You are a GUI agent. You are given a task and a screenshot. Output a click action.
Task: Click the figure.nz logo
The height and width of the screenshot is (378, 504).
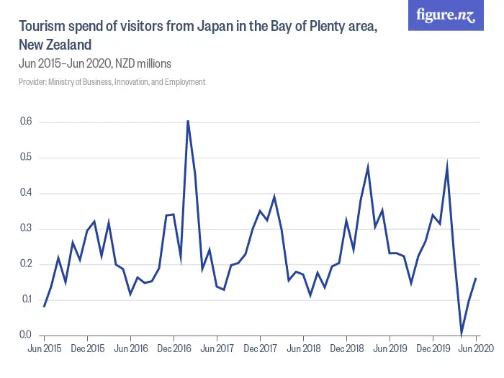click(x=446, y=16)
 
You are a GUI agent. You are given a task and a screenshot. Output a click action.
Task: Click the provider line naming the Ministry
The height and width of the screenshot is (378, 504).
click(x=112, y=82)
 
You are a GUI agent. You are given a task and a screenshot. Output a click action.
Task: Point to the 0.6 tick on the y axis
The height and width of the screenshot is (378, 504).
click(x=25, y=122)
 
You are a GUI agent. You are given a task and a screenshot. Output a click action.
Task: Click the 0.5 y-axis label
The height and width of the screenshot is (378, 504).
click(x=25, y=158)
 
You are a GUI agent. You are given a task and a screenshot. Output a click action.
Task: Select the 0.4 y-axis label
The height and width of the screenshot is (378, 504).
click(x=25, y=194)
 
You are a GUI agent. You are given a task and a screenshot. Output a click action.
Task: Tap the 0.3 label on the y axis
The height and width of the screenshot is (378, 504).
click(x=25, y=229)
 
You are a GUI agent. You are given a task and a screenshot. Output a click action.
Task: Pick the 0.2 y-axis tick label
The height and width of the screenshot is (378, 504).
click(x=25, y=264)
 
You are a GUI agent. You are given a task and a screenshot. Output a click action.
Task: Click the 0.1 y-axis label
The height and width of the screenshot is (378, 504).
click(x=25, y=300)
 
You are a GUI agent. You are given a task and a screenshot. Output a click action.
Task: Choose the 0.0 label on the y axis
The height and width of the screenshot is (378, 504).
click(x=25, y=336)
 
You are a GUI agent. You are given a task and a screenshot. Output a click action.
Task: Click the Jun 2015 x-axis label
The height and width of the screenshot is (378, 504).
click(x=45, y=348)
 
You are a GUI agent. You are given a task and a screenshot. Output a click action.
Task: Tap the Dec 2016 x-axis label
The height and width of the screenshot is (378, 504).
click(x=174, y=348)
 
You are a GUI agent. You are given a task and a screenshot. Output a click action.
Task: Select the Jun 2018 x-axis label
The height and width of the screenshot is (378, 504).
click(x=303, y=348)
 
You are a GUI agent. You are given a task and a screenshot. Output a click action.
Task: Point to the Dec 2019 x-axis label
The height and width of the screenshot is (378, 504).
click(x=433, y=348)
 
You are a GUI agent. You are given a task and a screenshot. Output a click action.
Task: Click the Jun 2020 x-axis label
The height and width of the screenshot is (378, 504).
click(x=476, y=348)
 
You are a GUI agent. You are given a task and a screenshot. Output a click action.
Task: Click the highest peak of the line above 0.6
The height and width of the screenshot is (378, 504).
click(x=188, y=121)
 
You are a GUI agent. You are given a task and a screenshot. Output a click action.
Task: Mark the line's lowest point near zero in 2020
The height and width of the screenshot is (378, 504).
click(x=462, y=333)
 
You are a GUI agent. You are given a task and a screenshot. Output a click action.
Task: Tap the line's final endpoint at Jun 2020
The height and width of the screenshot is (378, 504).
click(x=476, y=278)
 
